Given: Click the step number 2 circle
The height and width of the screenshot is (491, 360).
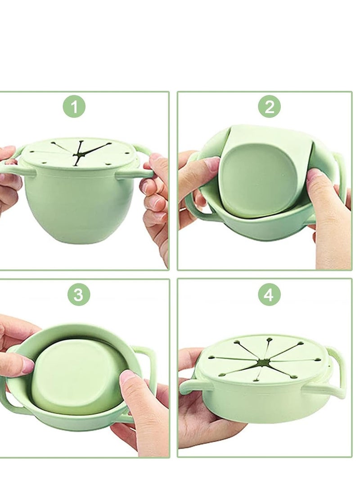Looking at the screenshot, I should point(269,107).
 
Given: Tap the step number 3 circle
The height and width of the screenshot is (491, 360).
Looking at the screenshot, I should point(79,295).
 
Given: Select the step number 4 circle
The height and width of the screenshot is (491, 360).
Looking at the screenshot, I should point(269,295).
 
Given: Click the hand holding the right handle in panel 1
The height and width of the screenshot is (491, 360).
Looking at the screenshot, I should point(155,198).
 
